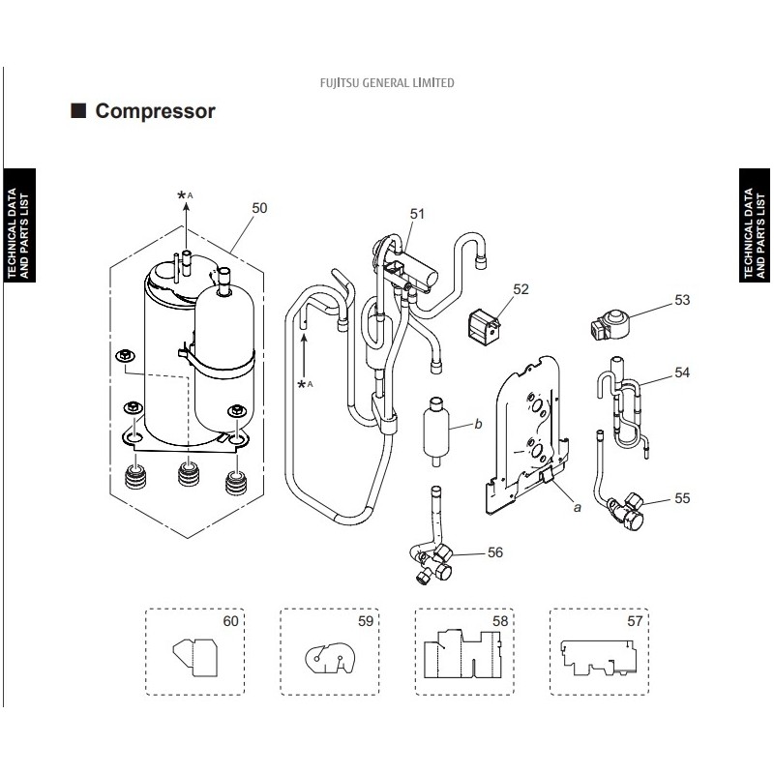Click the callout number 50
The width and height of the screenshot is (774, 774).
pyautogui.click(x=259, y=208)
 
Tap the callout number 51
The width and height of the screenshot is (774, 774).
pyautogui.click(x=417, y=214)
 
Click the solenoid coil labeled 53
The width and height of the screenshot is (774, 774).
pyautogui.click(x=610, y=324)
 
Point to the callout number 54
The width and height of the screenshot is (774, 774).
pyautogui.click(x=682, y=372)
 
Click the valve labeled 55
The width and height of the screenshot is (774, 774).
pyautogui.click(x=626, y=512)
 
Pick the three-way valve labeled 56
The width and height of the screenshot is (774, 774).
pyautogui.click(x=432, y=563)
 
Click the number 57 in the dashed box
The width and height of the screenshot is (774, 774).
pyautogui.click(x=635, y=620)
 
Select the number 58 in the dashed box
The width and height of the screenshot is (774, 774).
pyautogui.click(x=500, y=620)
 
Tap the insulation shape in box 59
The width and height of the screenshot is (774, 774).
pyautogui.click(x=330, y=658)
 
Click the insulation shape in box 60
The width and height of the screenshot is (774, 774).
pyautogui.click(x=195, y=657)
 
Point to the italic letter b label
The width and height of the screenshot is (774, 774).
pyautogui.click(x=478, y=424)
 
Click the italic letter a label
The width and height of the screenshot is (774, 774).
pyautogui.click(x=577, y=507)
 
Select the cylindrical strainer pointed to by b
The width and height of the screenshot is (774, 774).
pyautogui.click(x=436, y=431)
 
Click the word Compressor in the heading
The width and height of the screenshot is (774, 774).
pyautogui.click(x=155, y=111)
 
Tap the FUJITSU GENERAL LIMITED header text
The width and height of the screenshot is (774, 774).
pyautogui.click(x=387, y=82)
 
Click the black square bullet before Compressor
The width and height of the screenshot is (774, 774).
pyautogui.click(x=78, y=110)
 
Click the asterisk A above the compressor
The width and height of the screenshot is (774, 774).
pyautogui.click(x=185, y=195)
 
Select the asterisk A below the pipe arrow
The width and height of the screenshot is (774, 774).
pyautogui.click(x=305, y=384)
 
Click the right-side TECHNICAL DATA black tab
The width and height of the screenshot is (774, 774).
pyautogui.click(x=755, y=225)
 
